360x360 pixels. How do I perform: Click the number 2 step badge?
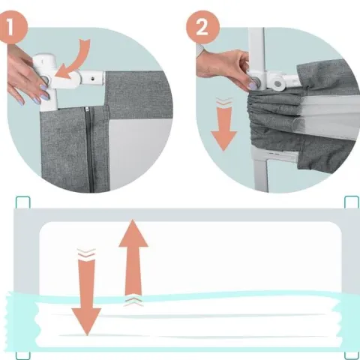click(203, 27)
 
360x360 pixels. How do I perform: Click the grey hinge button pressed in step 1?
click(46, 80)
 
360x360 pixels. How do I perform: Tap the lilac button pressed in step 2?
click(253, 84)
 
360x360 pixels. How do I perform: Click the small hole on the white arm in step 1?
click(93, 79)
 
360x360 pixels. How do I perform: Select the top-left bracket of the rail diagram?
click(23, 202)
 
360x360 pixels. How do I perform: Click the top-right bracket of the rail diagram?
click(352, 202)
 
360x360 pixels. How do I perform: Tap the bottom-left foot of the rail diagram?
click(23, 355)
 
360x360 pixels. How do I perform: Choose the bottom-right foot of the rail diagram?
click(352, 355)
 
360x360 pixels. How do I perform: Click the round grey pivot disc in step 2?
click(277, 84)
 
